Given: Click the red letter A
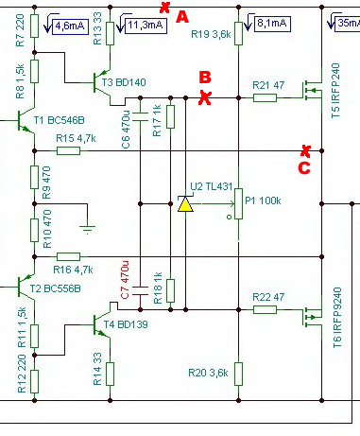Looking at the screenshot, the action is pos(182,17).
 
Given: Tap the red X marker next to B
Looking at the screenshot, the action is pos(205,97).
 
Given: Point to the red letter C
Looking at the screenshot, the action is pos(304,167).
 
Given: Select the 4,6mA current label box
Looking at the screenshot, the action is pos(70,26).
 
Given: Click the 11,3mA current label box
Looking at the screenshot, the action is pos(146,26).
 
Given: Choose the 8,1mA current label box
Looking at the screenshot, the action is pos(272,24).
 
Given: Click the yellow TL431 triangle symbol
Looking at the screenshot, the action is pos(185,204).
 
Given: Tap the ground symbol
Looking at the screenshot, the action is pos(88,229).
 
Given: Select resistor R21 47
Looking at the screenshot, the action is pos(265,98).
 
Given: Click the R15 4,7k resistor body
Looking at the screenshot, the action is pos(68,151).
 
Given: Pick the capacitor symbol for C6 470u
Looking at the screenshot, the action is pos(140,116).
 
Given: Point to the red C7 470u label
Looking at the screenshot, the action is pos(125,280).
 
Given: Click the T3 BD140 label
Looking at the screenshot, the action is pos(124,82).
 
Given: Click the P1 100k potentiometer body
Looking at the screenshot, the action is pos(238,203).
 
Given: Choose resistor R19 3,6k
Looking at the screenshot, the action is pos(238,33).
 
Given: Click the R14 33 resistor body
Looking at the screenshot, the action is pos(110,374).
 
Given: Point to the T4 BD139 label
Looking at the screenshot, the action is pos(126,324).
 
